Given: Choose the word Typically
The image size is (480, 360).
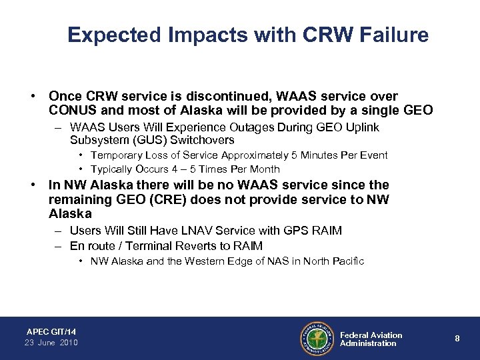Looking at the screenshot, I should pos(111,169).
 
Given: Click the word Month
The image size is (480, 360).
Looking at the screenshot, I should pos(261,169).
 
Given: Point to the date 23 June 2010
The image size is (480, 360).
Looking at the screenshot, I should pos(51,343).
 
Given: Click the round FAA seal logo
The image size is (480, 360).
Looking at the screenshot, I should pos(317,338).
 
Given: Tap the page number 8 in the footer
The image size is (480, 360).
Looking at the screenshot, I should pos(457,338).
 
